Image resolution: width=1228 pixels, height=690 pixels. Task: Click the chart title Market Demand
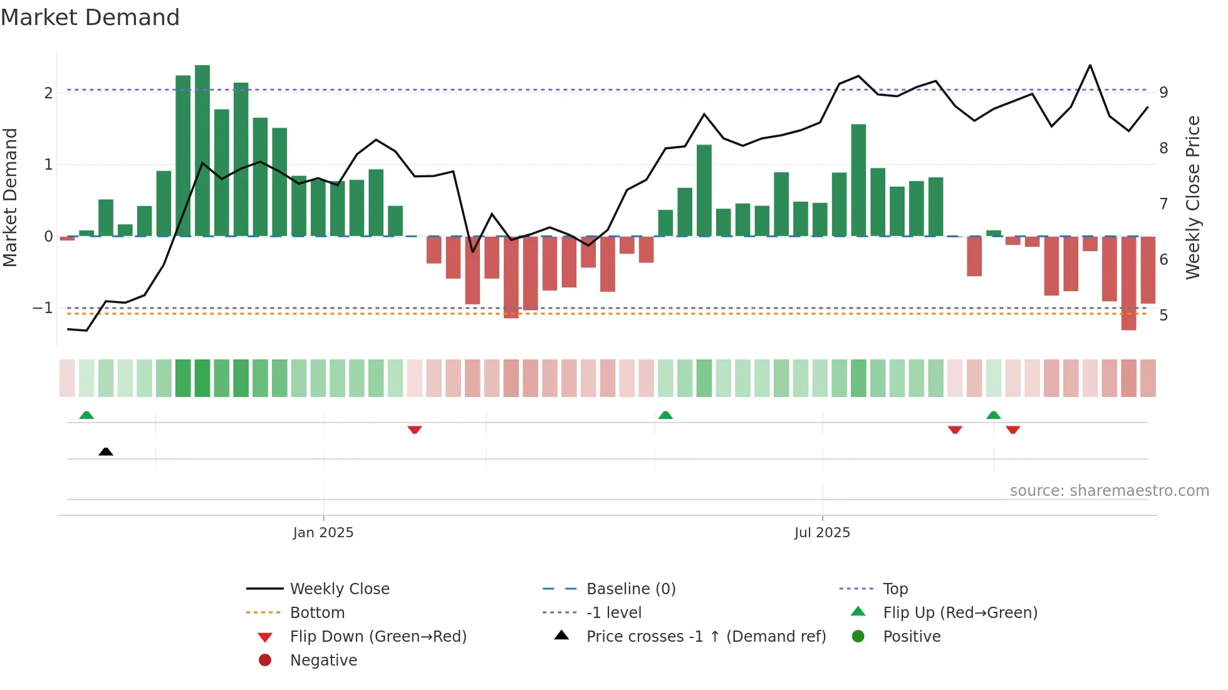pos(90,18)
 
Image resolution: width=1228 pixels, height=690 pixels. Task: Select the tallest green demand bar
pos(202,150)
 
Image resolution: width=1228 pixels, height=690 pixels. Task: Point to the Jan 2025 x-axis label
pos(323,533)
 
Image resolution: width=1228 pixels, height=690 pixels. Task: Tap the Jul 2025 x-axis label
pos(822,533)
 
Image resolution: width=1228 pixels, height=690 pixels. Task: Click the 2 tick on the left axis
pos(48,93)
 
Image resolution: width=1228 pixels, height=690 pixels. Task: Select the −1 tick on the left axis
pos(43,308)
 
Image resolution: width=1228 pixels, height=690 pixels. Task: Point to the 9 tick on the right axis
pos(1163,93)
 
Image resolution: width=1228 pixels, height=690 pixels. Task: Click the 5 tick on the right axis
pos(1163,316)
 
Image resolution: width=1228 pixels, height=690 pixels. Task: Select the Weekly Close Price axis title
pos(1193,197)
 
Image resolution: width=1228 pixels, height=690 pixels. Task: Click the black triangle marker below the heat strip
pos(106,451)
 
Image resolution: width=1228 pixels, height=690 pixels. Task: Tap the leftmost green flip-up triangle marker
pos(86,415)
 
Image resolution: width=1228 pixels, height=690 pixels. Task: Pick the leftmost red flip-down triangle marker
pos(414,430)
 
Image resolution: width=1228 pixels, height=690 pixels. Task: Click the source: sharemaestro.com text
pos(1109,491)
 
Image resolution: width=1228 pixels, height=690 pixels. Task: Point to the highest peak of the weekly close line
pos(1090,66)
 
